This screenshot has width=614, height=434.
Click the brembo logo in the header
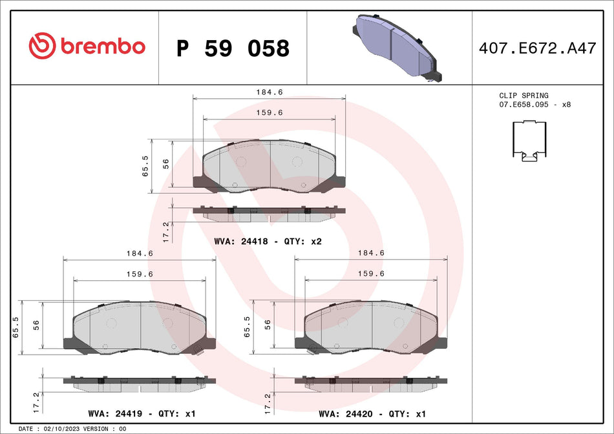[87, 46]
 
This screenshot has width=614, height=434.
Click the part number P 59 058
[233, 48]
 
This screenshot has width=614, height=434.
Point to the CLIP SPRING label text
[524, 96]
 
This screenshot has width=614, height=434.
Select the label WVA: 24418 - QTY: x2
[268, 241]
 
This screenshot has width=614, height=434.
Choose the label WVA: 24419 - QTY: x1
[141, 413]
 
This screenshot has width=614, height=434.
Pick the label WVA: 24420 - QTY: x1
[372, 413]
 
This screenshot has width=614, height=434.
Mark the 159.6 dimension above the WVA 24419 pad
[140, 274]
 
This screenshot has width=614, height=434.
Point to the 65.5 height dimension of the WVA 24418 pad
[145, 166]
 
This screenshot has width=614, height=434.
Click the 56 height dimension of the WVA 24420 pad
[268, 326]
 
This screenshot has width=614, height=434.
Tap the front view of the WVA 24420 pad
[372, 328]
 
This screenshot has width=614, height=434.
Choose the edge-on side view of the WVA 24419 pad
[140, 383]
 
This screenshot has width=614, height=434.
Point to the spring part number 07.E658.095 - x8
[535, 104]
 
